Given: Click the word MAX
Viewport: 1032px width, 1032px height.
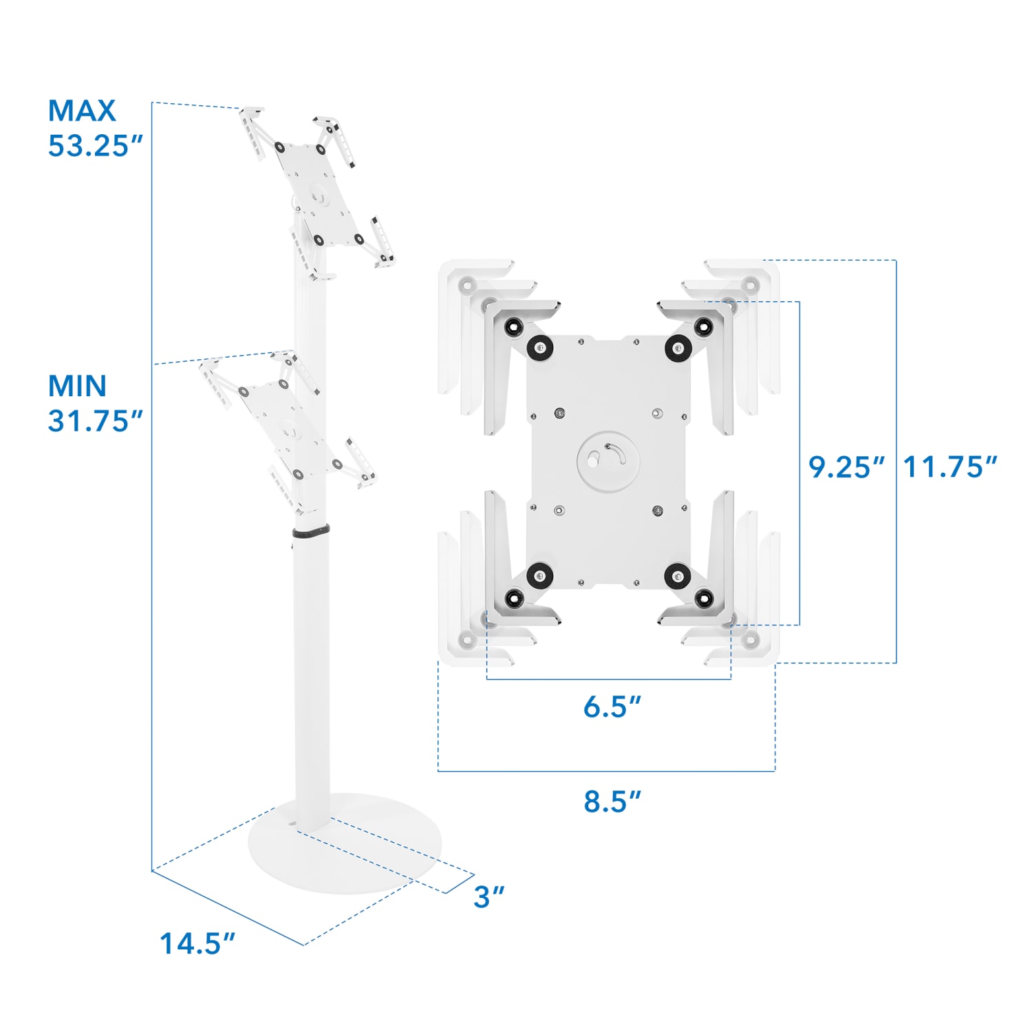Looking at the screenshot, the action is point(82,111).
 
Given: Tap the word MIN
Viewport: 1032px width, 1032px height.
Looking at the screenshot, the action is point(77,386).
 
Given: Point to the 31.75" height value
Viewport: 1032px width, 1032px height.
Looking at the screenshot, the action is point(95,421).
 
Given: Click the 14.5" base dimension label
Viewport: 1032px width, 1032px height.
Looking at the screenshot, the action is point(197,943).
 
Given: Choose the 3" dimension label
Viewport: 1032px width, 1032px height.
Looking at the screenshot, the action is point(488,896).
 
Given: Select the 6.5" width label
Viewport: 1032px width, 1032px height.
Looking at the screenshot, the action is point(612,707).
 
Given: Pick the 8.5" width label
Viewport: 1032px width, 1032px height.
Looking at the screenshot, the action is point(612,802).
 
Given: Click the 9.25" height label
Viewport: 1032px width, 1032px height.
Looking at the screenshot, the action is point(846,467).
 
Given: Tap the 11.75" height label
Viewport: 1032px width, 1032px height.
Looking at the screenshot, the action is point(949,467).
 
